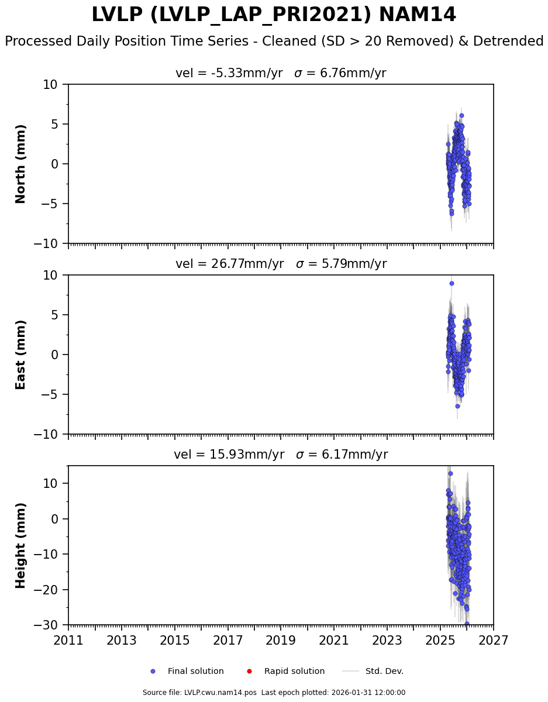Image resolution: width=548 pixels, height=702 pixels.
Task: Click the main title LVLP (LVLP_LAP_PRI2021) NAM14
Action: pos(274,15)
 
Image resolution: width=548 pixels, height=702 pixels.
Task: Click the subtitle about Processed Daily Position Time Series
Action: pos(274,42)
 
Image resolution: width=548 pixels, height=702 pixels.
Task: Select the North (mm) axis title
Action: pos(21,164)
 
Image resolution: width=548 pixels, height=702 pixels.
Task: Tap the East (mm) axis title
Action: pos(21,355)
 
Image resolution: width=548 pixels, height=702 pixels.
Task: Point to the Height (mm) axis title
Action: pos(21,545)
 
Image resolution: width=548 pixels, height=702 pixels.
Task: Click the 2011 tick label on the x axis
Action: pos(68,641)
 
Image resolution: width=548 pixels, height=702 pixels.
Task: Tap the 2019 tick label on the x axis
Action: pos(281,641)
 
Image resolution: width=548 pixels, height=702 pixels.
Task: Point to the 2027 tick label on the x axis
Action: pos(493,641)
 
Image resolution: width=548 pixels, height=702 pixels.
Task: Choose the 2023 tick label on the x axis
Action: pos(387,641)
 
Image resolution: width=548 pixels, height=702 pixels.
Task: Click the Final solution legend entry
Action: pos(195,672)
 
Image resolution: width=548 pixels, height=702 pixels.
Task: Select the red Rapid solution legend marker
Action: pos(249,672)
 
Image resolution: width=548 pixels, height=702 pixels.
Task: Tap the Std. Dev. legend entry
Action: pos(384,672)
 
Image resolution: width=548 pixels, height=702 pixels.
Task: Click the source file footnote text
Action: pos(274,693)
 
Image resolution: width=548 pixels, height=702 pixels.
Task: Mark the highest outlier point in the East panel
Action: pos(452,283)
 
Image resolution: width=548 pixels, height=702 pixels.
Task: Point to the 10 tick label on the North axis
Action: pos(51,85)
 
